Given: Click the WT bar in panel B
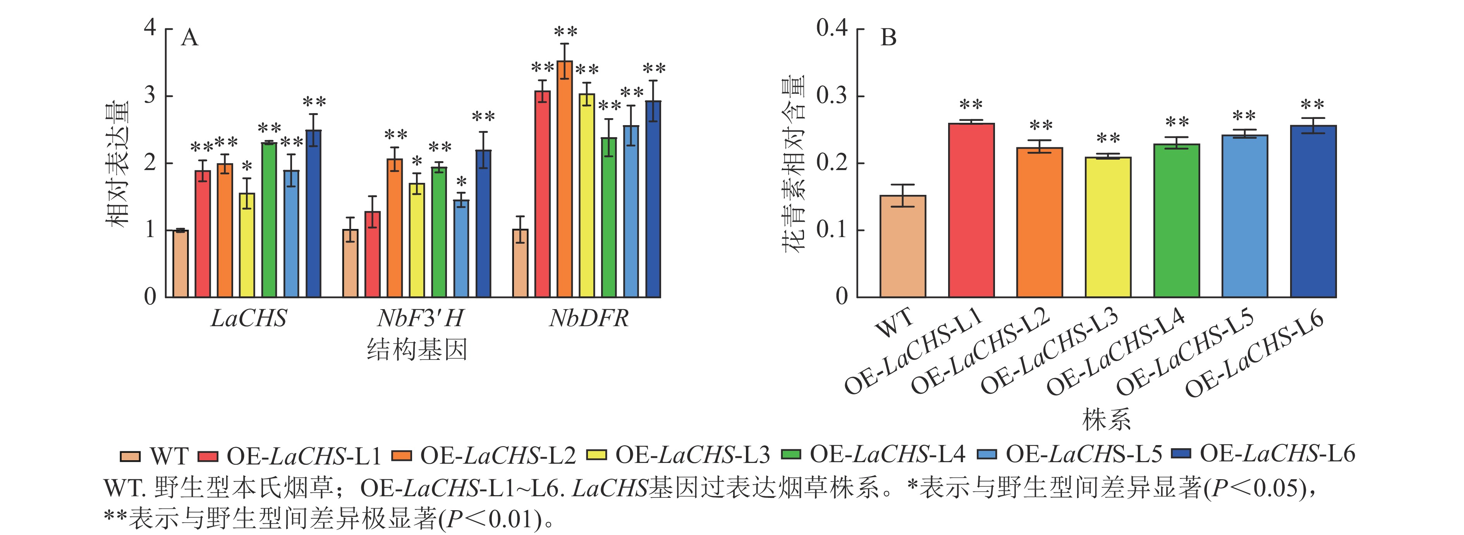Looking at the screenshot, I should tap(902, 246).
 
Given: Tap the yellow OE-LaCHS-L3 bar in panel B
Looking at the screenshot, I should tap(1108, 227).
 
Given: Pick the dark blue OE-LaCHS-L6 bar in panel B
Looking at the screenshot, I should tap(1313, 212).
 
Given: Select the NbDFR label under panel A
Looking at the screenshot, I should tap(588, 318).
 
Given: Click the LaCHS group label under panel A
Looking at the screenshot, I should tap(248, 318).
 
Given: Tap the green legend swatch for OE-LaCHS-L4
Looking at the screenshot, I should tap(791, 455).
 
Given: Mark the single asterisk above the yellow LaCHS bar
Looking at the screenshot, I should tap(247, 167).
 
